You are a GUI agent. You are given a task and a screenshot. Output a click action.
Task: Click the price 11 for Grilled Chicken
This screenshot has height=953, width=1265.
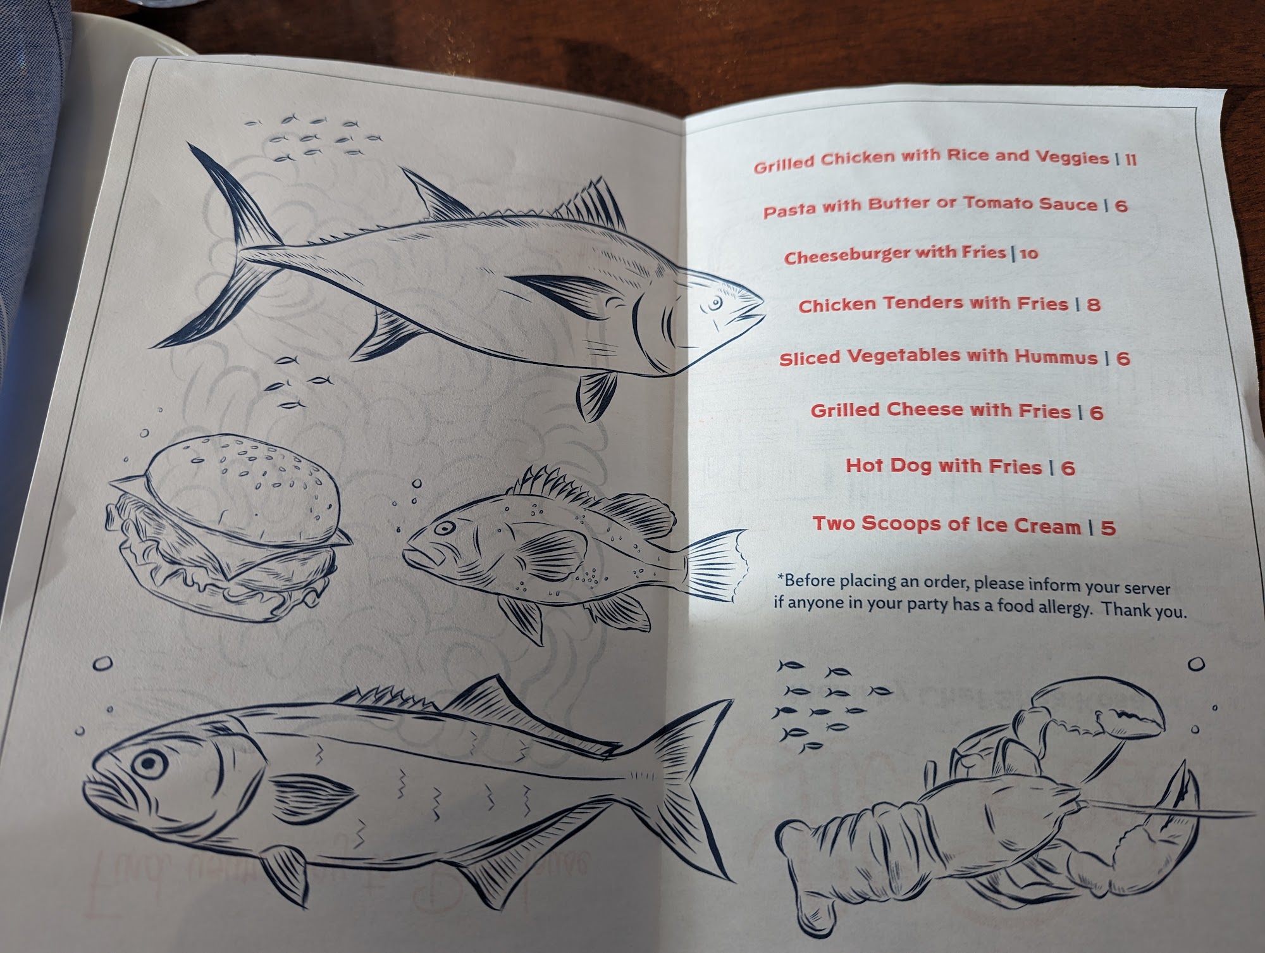pyautogui.click(x=1130, y=159)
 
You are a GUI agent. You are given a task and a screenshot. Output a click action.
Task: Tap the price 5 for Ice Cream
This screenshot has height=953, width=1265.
pyautogui.click(x=1108, y=528)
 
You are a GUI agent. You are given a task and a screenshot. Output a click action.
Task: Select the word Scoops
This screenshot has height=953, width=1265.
pyautogui.click(x=901, y=524)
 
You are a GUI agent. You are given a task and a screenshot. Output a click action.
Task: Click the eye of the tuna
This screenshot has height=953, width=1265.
pyautogui.click(x=715, y=304)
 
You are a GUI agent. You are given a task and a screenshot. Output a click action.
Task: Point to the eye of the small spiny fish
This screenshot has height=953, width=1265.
pyautogui.click(x=445, y=527)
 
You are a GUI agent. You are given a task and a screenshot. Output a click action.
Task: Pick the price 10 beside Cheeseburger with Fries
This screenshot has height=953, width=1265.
pyautogui.click(x=1029, y=254)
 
